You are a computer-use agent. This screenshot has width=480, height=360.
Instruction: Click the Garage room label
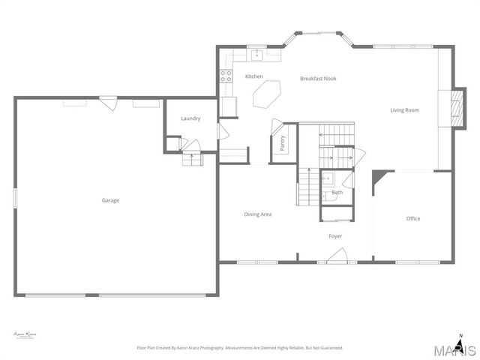(x=111, y=200)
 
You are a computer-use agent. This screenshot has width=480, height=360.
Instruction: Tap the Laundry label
(x=190, y=118)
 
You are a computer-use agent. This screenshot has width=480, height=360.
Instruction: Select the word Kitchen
(x=254, y=76)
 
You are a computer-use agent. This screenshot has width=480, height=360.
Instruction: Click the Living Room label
(x=404, y=110)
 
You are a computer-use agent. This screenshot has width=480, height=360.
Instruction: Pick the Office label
(x=413, y=219)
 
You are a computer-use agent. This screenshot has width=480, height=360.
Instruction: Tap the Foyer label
(x=335, y=236)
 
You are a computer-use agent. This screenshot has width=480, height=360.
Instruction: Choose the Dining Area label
(x=257, y=214)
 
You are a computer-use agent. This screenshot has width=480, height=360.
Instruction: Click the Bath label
(x=337, y=193)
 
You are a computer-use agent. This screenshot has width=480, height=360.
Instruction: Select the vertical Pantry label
(x=283, y=143)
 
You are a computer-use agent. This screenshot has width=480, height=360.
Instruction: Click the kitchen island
(x=268, y=95)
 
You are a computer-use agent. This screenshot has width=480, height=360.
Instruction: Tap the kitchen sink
(x=256, y=54)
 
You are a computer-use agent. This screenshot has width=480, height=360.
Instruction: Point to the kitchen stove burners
(x=224, y=74)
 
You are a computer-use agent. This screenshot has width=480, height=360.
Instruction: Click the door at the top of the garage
(x=109, y=102)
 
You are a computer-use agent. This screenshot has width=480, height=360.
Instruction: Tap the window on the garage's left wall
(x=15, y=198)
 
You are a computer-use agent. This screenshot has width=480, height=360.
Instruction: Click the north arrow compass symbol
(x=460, y=342)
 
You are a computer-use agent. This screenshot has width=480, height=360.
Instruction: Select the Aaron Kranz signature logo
(x=25, y=334)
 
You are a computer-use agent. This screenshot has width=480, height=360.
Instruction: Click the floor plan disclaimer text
(x=239, y=348)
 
